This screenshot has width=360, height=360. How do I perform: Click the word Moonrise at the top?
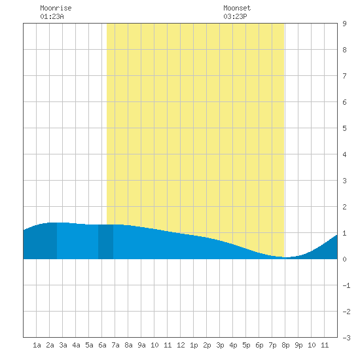[56, 8]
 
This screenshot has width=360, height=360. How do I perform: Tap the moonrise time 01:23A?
[52, 16]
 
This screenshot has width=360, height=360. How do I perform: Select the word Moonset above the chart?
[237, 8]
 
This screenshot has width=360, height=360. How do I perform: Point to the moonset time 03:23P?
[235, 16]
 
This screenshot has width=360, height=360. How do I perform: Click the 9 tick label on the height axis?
[344, 24]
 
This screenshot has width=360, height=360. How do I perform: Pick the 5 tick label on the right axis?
[344, 128]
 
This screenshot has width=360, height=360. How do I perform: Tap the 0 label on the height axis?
[344, 259]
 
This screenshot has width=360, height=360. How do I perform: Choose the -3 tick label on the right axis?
[346, 338]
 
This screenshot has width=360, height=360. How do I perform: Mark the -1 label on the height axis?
[346, 285]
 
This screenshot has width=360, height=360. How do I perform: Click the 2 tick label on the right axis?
[344, 207]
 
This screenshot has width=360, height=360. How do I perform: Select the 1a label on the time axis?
[37, 345]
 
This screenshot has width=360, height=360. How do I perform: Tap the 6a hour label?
[102, 345]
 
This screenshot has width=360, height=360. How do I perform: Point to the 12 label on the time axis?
[181, 345]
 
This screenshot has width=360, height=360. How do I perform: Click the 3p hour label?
[220, 346]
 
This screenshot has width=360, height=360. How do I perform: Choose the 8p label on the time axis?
[285, 346]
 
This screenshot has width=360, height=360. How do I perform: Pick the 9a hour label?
[141, 345]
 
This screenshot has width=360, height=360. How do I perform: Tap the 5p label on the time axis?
[246, 346]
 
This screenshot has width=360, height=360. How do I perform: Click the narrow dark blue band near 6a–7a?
[105, 242]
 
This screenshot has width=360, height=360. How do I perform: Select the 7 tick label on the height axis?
[344, 76]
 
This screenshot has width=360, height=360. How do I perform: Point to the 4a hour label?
[76, 345]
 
